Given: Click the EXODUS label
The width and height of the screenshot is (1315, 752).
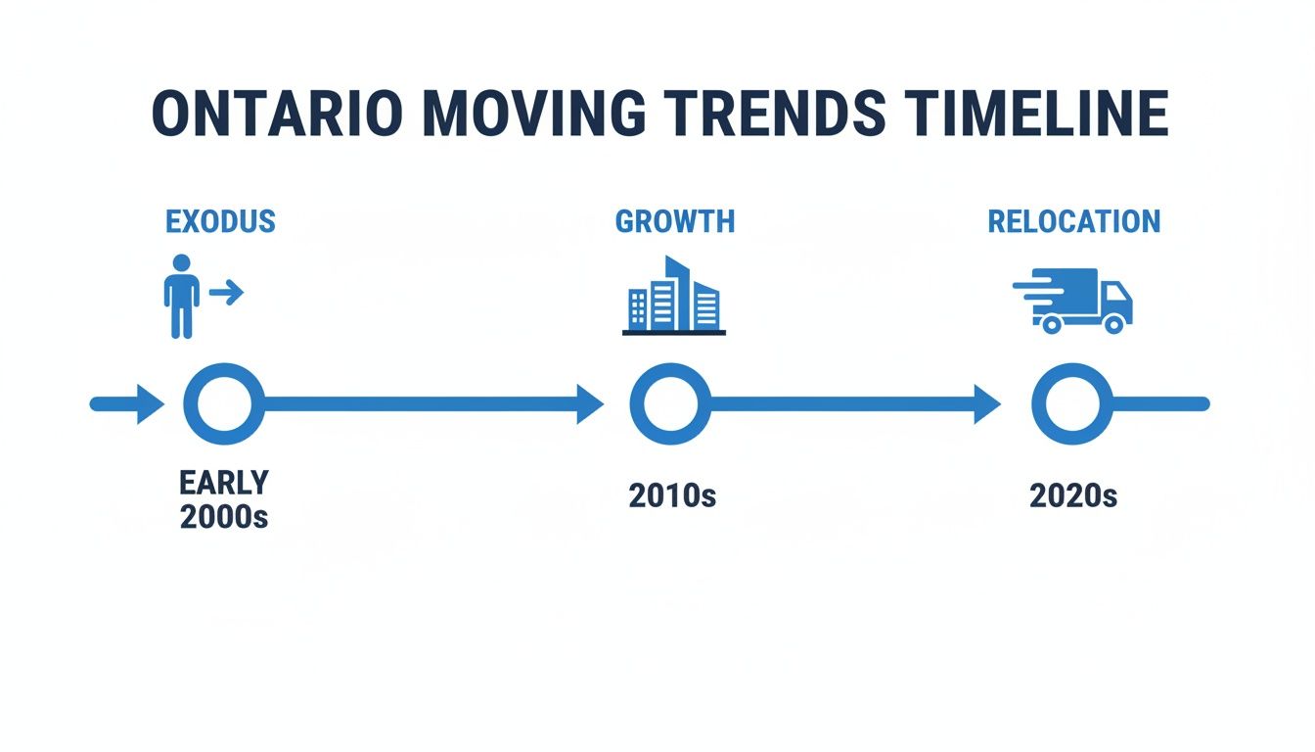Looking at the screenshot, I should (220, 221).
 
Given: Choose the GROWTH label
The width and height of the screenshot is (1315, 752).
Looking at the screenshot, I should (674, 221).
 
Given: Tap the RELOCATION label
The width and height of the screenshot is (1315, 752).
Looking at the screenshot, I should (1073, 221).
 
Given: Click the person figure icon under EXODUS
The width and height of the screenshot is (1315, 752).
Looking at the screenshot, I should (181, 296).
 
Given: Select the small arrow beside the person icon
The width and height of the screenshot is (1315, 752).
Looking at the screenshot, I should (226, 292).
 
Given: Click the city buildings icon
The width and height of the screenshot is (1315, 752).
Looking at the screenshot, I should (674, 296).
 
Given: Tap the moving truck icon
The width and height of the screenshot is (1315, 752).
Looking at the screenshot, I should (1073, 300).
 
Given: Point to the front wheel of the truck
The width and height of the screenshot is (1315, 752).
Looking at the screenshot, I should (1112, 322).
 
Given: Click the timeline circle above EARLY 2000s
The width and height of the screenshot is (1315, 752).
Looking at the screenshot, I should (223, 403).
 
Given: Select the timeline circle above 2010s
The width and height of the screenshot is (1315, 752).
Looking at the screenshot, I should (670, 403).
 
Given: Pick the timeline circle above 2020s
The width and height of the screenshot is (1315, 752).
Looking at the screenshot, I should (1071, 403).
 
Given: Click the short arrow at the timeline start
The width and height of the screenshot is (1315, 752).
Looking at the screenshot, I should (127, 403).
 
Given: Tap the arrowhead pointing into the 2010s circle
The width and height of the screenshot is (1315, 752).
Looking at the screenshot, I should (590, 403).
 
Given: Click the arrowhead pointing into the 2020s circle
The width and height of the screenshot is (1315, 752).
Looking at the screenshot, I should (987, 403).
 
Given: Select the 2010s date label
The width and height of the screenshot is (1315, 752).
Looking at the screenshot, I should (672, 495).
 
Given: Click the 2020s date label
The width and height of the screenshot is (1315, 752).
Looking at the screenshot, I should (1073, 495).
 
